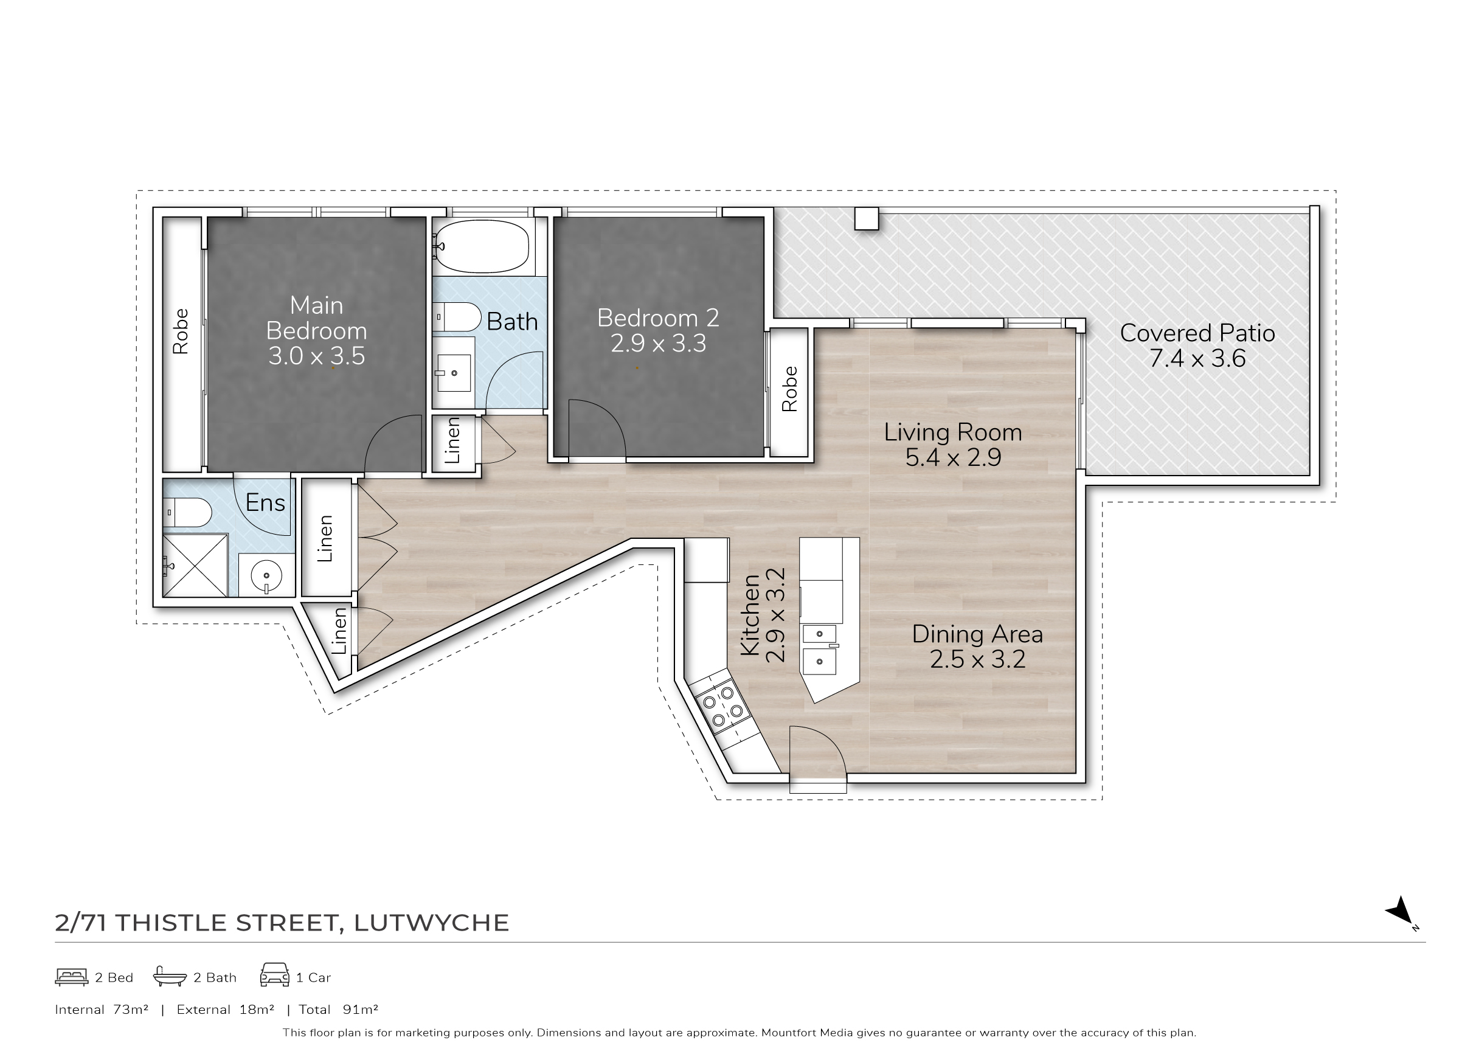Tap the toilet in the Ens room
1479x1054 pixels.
pyautogui.click(x=187, y=513)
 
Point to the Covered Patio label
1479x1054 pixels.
pyautogui.click(x=1197, y=333)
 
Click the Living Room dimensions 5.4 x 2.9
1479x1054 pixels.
pyautogui.click(x=953, y=457)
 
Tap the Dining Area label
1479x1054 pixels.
pyautogui.click(x=977, y=634)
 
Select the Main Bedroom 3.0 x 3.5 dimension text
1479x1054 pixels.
pyautogui.click(x=317, y=356)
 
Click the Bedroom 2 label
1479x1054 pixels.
pyautogui.click(x=658, y=318)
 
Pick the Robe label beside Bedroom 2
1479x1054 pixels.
pyautogui.click(x=790, y=389)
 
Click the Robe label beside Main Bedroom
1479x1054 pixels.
pyautogui.click(x=181, y=331)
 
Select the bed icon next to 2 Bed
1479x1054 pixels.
pyautogui.click(x=71, y=977)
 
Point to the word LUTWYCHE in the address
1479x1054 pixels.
pyautogui.click(x=432, y=923)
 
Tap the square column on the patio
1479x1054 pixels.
pyautogui.click(x=867, y=218)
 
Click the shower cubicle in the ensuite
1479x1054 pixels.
pyautogui.click(x=195, y=564)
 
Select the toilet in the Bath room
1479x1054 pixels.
pyautogui.click(x=457, y=317)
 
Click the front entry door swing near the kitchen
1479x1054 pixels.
pyautogui.click(x=818, y=752)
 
